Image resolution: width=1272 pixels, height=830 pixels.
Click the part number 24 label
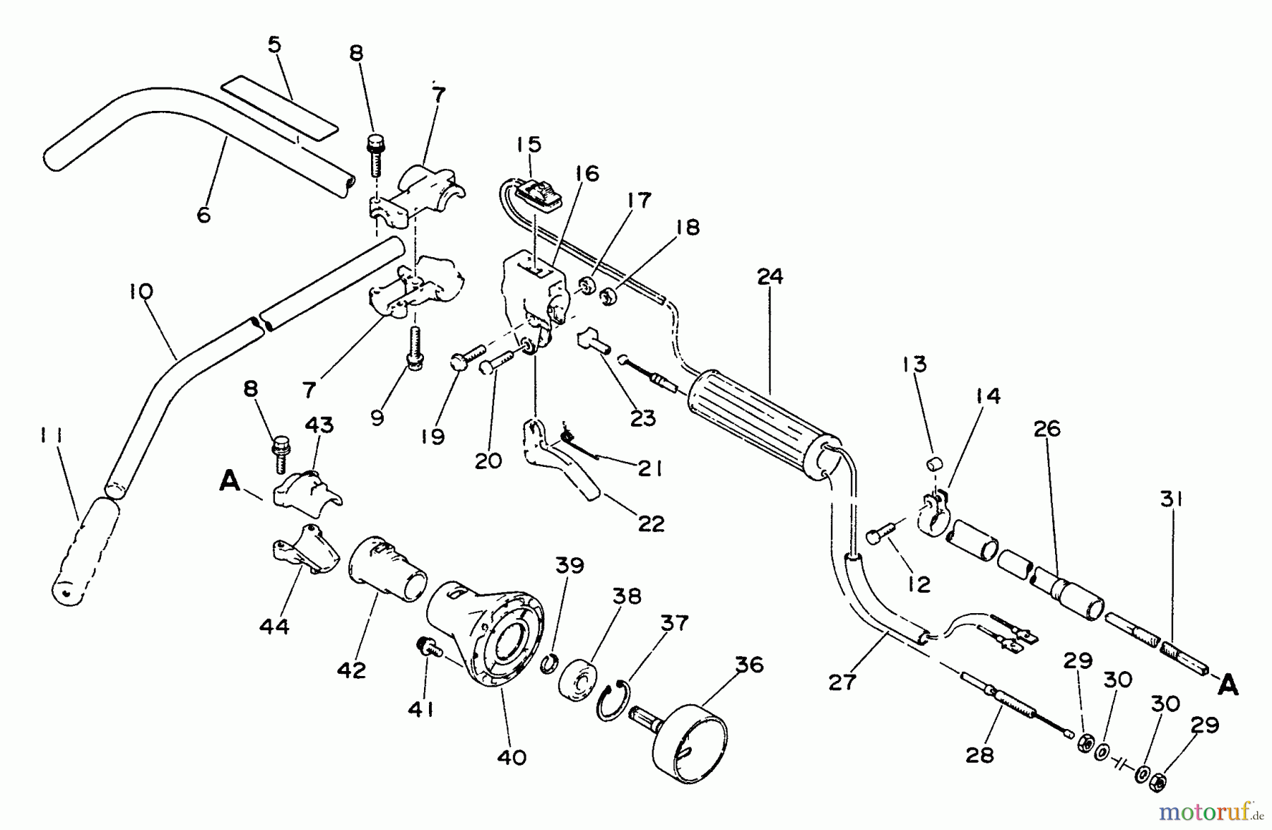(x=770, y=276)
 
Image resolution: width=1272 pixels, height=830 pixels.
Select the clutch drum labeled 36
(x=689, y=742)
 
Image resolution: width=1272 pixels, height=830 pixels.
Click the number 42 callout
(x=351, y=670)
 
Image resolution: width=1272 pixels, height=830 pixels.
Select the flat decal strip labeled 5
(x=280, y=106)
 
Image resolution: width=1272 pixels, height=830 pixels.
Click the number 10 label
(x=141, y=291)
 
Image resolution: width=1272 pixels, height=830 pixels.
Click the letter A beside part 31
(x=1228, y=684)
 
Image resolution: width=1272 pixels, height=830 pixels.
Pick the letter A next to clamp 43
(x=229, y=482)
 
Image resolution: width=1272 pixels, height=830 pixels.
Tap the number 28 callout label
(x=979, y=755)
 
